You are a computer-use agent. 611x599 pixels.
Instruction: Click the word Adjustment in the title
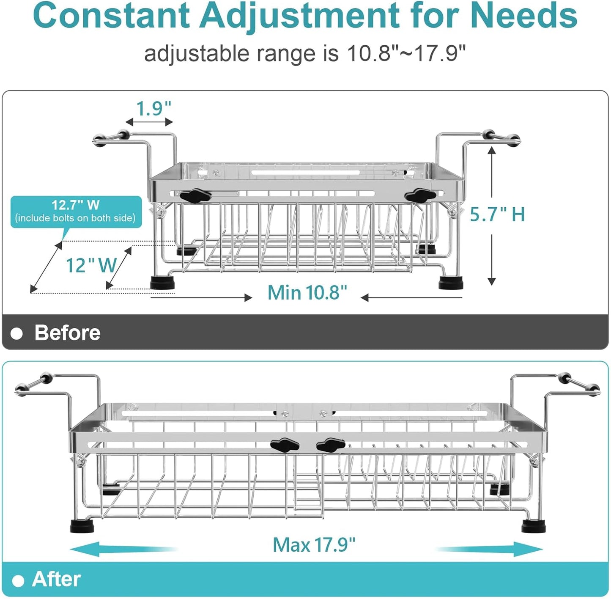click(x=299, y=16)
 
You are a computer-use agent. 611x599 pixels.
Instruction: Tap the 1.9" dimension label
click(x=153, y=108)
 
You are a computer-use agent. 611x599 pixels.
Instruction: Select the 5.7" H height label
click(x=497, y=214)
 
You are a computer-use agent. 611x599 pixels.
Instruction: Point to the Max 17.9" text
click(x=314, y=545)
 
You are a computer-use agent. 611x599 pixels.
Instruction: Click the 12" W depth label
click(x=91, y=265)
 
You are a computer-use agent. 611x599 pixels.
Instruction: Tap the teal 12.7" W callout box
click(x=76, y=212)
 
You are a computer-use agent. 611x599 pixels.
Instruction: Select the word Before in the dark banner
click(x=67, y=333)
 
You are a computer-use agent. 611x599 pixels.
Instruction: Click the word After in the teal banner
click(x=56, y=580)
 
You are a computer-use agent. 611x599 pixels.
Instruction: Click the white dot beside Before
click(x=16, y=333)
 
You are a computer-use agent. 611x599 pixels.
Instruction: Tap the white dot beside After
click(x=18, y=581)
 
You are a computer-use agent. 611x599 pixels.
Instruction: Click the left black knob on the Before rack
click(x=195, y=196)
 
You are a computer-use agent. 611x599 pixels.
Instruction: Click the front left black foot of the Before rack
click(x=163, y=283)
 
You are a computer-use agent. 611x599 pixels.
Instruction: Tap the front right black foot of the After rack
click(x=534, y=526)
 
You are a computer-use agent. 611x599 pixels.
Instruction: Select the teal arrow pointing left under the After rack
click(x=123, y=549)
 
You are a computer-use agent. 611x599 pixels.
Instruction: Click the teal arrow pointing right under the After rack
click(x=489, y=549)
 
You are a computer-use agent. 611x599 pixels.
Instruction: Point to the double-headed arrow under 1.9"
click(x=149, y=122)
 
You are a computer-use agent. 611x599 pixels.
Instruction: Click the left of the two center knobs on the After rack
click(x=285, y=445)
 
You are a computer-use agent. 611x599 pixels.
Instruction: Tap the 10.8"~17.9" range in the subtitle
click(x=406, y=53)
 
